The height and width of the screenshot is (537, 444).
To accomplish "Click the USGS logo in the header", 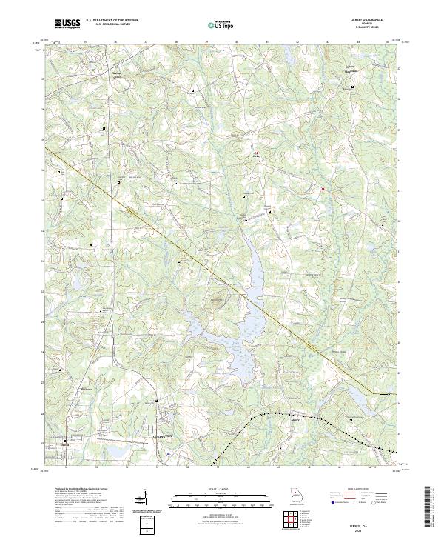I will (x=67, y=24).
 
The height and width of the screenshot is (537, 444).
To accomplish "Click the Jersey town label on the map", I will (x=258, y=157).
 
